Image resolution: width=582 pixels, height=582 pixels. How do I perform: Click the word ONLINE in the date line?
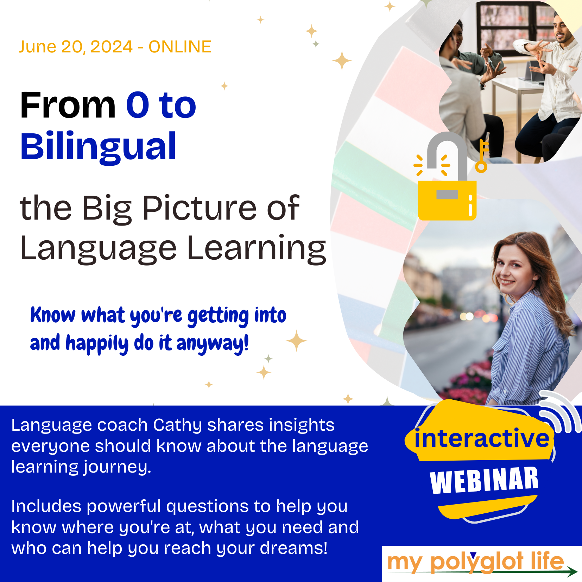pyautogui.click(x=180, y=47)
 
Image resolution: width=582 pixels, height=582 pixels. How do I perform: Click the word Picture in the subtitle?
pyautogui.click(x=200, y=208)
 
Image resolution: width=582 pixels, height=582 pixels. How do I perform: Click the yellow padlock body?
pyautogui.click(x=447, y=201)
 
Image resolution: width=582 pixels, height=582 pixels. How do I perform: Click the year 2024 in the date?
pyautogui.click(x=111, y=47)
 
